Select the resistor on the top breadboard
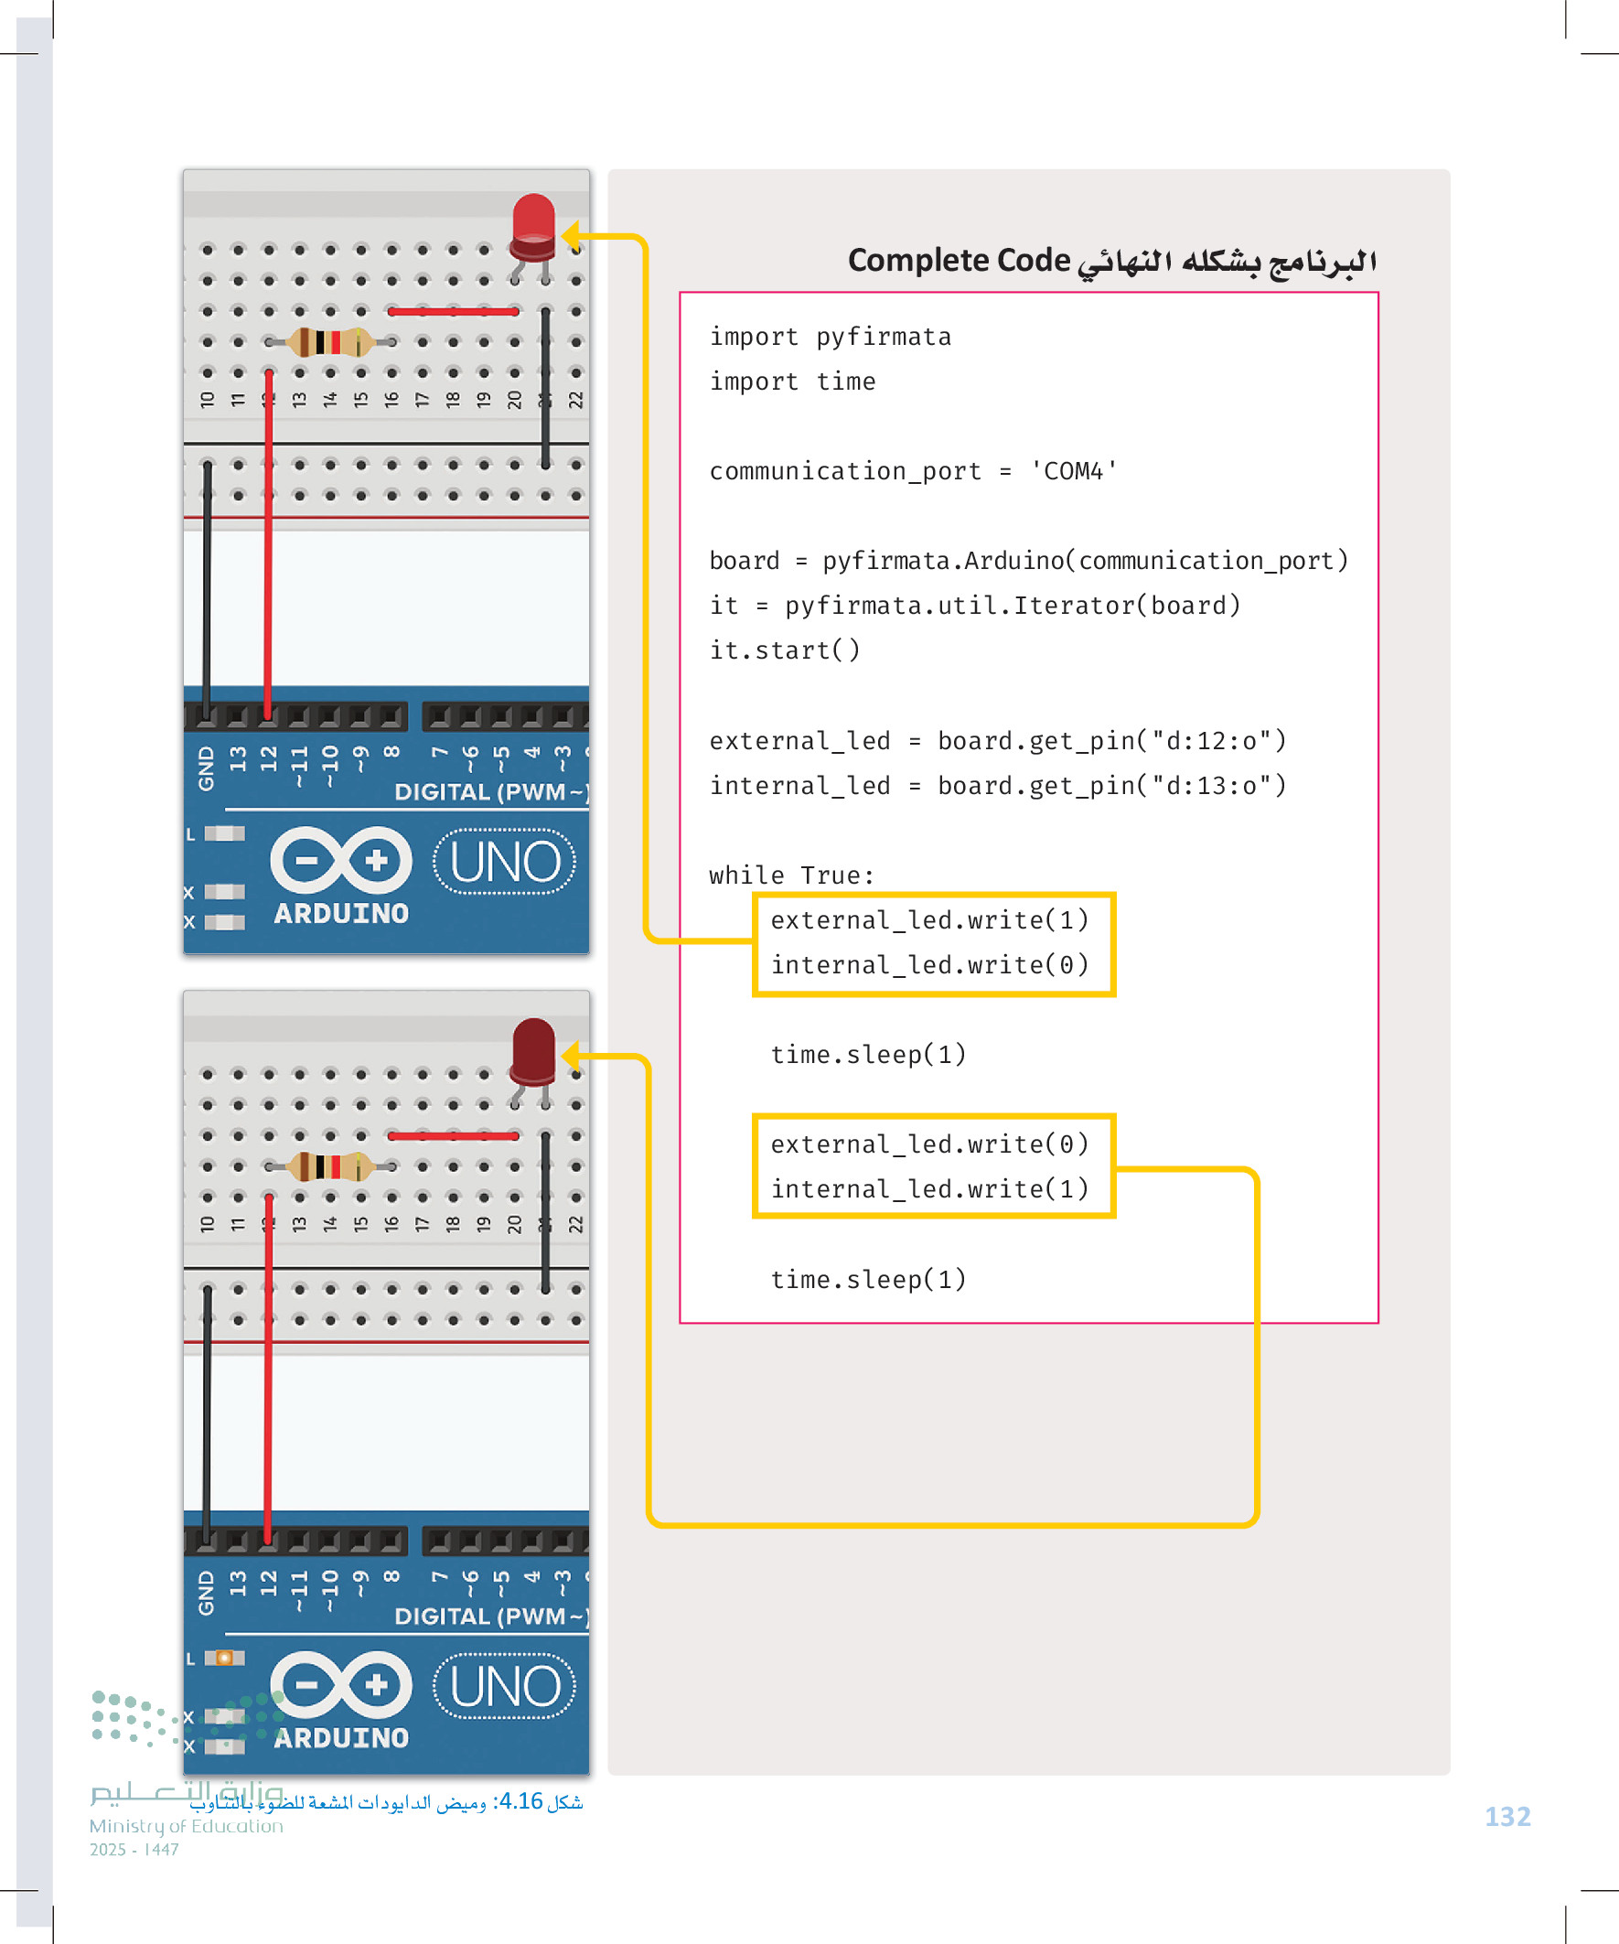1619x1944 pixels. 329,341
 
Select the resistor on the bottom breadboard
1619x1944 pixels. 329,1165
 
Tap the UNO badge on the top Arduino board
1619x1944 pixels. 505,862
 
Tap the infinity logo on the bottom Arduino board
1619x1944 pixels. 340,1685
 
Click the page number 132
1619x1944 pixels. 1507,1817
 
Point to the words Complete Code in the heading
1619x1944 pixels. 958,260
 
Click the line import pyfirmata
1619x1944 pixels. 830,337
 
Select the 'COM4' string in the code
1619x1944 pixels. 1074,471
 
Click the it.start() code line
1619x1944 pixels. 784,650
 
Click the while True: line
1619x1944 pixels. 791,875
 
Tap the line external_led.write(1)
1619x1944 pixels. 928,920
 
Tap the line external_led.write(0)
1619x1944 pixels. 928,1144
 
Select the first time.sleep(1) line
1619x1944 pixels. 867,1055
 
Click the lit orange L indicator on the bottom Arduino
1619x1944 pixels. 224,1657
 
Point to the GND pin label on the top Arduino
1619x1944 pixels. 206,768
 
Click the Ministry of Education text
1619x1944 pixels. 186,1826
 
